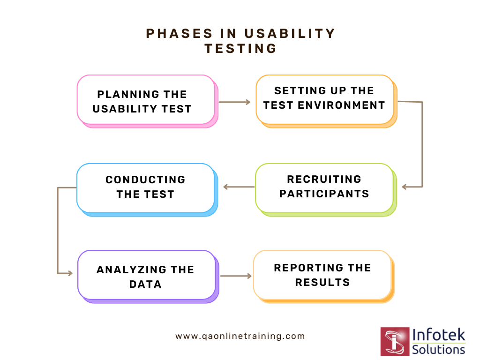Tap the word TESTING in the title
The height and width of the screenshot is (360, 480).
coord(240,48)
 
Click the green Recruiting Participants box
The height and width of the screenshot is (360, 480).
coord(324,187)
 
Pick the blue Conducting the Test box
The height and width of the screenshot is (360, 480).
coord(145,187)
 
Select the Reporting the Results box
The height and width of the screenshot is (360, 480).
coord(322,275)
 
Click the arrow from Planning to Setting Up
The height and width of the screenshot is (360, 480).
coord(234,101)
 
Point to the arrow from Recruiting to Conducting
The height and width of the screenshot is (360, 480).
coord(239,187)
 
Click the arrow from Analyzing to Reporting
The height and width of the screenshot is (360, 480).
coord(236,276)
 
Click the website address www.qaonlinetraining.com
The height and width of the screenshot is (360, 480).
coord(240,336)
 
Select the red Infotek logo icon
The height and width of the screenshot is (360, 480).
coord(395,341)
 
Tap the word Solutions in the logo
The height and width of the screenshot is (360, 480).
coord(439,349)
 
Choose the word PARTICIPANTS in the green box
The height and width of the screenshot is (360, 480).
coord(324,194)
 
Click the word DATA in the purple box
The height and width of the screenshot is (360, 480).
coord(145,284)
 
